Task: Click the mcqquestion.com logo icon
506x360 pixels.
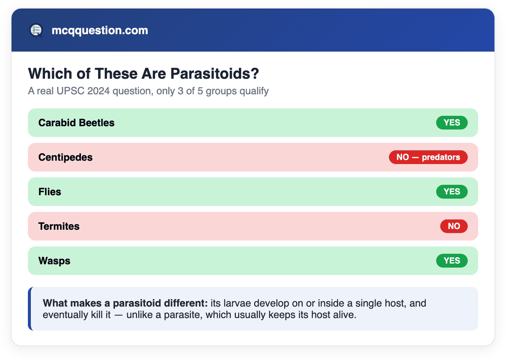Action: pos(36,30)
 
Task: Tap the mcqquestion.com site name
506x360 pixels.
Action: pos(100,30)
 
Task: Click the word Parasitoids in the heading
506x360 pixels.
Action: pos(215,74)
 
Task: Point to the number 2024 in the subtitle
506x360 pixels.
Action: pos(98,91)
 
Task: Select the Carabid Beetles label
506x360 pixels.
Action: pos(76,123)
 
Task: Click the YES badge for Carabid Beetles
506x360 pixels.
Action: pos(452,123)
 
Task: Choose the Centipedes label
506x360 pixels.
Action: pos(65,157)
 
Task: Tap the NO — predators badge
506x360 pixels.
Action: pos(428,157)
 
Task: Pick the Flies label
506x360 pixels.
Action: pos(50,192)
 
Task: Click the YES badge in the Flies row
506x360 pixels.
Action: pos(452,192)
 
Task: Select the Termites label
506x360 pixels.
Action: pos(59,226)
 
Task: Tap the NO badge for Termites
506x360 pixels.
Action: pos(454,226)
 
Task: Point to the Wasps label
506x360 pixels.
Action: pos(54,261)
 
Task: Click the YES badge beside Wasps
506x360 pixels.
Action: pos(452,260)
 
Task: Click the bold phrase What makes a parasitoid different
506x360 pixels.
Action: pos(125,303)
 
